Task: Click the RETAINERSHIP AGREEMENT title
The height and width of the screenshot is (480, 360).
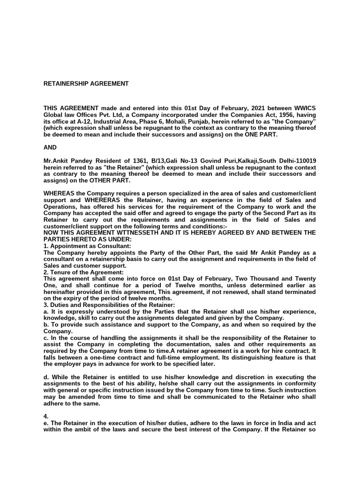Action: click(86, 84)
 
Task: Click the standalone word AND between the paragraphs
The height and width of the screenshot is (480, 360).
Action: click(50, 147)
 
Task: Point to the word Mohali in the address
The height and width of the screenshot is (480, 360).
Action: click(172, 121)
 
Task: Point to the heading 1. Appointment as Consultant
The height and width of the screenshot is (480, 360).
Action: click(87, 246)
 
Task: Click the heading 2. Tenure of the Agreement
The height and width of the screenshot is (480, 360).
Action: click(83, 272)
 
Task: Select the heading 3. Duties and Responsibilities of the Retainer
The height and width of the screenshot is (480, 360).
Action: click(109, 305)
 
